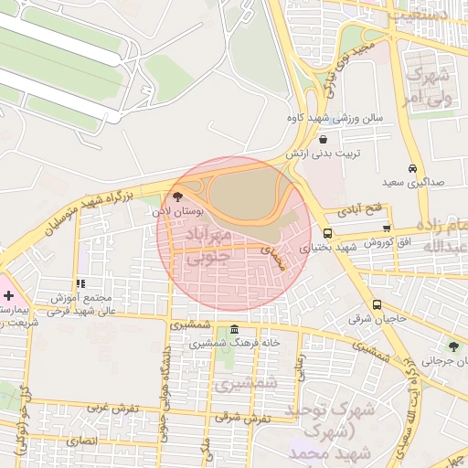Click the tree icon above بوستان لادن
click(177, 197)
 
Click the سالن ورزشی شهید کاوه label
click(333, 118)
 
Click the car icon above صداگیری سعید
click(413, 168)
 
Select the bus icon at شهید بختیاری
click(327, 233)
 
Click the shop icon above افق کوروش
click(387, 229)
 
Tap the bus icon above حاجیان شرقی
click(377, 304)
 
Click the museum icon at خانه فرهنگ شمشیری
click(235, 330)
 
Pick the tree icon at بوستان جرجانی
click(453, 346)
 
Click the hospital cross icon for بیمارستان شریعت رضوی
click(8, 296)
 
